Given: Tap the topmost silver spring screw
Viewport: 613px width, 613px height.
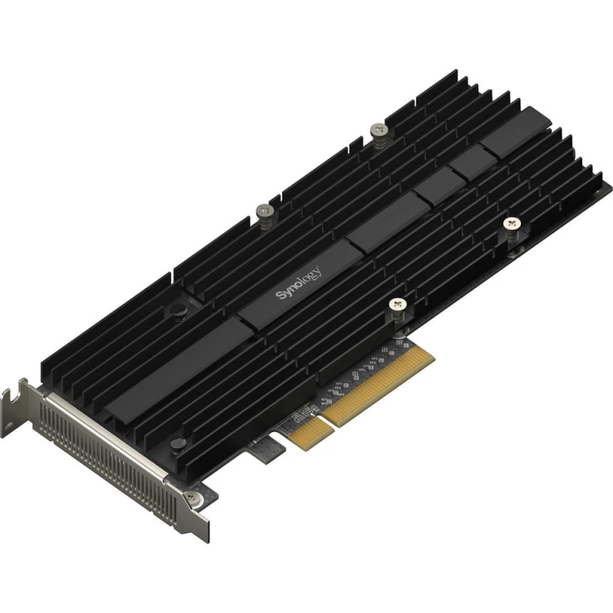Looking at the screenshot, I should point(376,132).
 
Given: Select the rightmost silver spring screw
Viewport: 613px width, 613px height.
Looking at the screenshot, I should point(511,225).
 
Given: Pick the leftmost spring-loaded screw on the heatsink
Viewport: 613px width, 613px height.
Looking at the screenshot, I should point(264,211).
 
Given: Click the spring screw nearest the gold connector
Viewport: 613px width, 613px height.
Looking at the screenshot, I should point(396,306).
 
